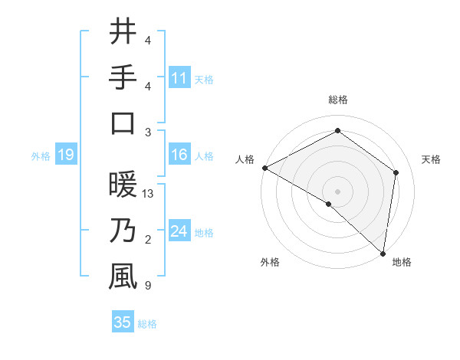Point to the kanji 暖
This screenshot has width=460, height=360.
(123, 185)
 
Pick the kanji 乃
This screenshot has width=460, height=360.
(123, 231)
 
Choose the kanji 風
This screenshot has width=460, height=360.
(123, 277)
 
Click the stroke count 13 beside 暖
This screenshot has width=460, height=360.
(149, 195)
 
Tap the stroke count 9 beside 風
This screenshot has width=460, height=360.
(147, 286)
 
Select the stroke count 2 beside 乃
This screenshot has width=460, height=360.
(147, 241)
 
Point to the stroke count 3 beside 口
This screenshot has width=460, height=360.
(147, 132)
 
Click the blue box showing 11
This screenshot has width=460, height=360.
(179, 77)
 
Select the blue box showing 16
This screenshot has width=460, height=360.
(179, 155)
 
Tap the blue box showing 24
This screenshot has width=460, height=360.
(179, 231)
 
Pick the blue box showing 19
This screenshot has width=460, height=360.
(66, 155)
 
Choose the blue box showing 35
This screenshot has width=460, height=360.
(123, 322)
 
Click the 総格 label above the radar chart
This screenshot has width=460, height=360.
(338, 100)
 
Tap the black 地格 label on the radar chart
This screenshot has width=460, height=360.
(402, 262)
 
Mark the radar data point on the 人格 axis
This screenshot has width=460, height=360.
(264, 168)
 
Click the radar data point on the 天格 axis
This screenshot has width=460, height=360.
(396, 172)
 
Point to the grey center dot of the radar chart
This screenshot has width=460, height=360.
(337, 191)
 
